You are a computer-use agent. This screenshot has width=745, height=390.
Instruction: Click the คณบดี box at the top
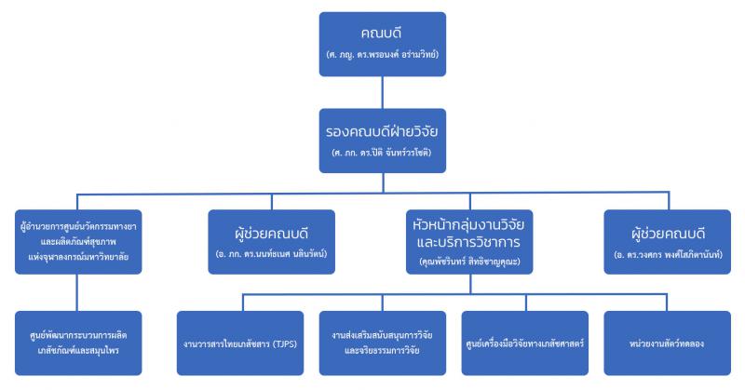click(x=383, y=44)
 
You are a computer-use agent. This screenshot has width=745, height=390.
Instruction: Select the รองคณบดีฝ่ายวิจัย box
click(x=383, y=141)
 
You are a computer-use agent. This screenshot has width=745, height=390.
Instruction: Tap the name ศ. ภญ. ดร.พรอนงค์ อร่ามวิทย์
click(x=383, y=54)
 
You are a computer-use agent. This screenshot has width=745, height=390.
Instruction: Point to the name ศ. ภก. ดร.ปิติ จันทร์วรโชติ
click(x=382, y=153)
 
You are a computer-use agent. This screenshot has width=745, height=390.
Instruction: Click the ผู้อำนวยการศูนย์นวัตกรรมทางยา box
click(x=78, y=242)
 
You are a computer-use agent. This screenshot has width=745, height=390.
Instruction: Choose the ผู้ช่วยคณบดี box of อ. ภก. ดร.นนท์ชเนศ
click(x=271, y=242)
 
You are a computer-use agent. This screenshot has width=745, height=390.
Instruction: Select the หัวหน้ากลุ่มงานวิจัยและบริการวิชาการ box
click(x=469, y=242)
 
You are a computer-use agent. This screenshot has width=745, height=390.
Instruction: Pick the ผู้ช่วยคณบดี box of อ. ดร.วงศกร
click(x=667, y=242)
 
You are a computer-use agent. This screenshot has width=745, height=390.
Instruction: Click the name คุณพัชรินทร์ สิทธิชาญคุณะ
click(x=469, y=262)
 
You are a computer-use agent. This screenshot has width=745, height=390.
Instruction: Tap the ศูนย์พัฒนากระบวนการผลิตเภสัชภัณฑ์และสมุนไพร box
click(x=78, y=343)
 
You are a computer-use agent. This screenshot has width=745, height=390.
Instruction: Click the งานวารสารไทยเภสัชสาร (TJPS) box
click(x=240, y=343)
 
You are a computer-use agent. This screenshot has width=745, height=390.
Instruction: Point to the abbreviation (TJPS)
click(x=285, y=343)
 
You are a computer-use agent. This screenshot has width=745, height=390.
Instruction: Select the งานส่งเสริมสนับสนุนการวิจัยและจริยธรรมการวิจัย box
click(x=383, y=343)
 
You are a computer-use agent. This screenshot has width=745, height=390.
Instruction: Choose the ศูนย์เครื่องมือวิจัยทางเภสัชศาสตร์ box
click(x=524, y=343)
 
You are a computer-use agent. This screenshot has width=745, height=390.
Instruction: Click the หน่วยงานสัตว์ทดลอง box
click(x=667, y=343)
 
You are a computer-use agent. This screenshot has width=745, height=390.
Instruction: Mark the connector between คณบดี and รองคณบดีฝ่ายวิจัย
click(x=383, y=93)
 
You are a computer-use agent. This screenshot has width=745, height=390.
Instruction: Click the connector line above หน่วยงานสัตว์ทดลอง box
click(x=667, y=303)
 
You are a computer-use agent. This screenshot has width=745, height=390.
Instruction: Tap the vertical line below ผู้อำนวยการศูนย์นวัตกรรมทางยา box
click(x=77, y=292)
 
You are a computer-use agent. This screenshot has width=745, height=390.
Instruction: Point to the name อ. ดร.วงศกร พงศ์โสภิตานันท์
click(x=668, y=254)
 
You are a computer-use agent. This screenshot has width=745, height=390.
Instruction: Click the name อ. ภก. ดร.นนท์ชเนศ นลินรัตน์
click(x=271, y=254)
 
